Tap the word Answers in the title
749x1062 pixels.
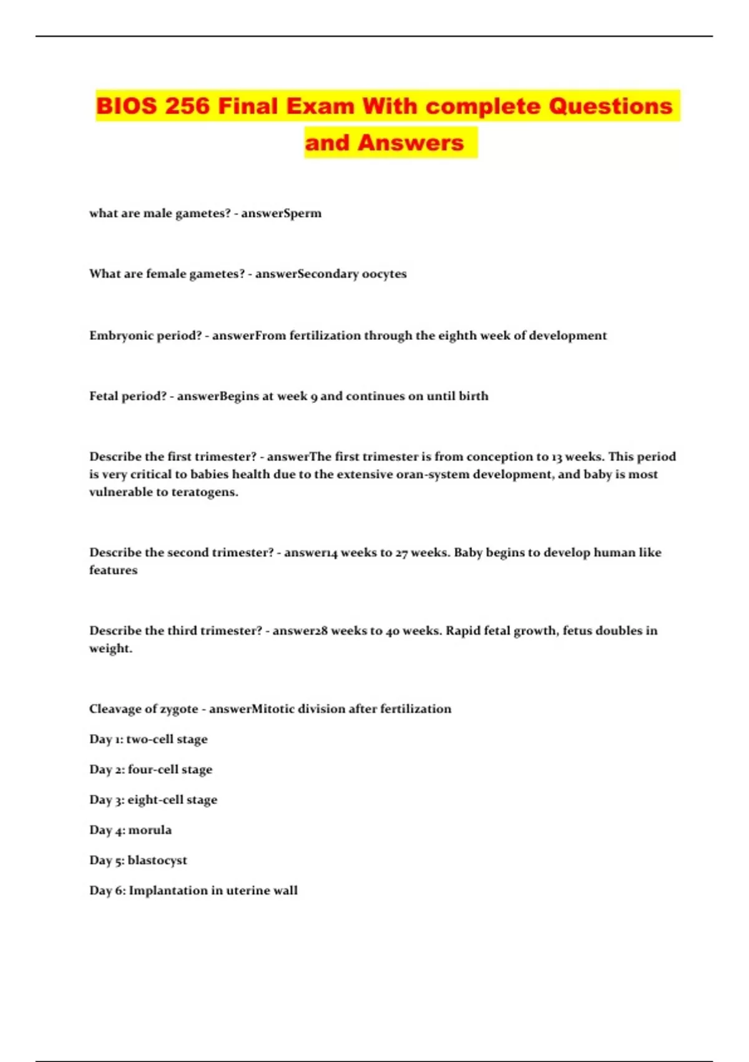coord(411,143)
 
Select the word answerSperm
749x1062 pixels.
coord(281,214)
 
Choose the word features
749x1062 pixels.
coord(113,570)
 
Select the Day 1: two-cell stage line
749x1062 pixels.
coord(149,740)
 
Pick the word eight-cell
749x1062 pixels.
coord(154,800)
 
